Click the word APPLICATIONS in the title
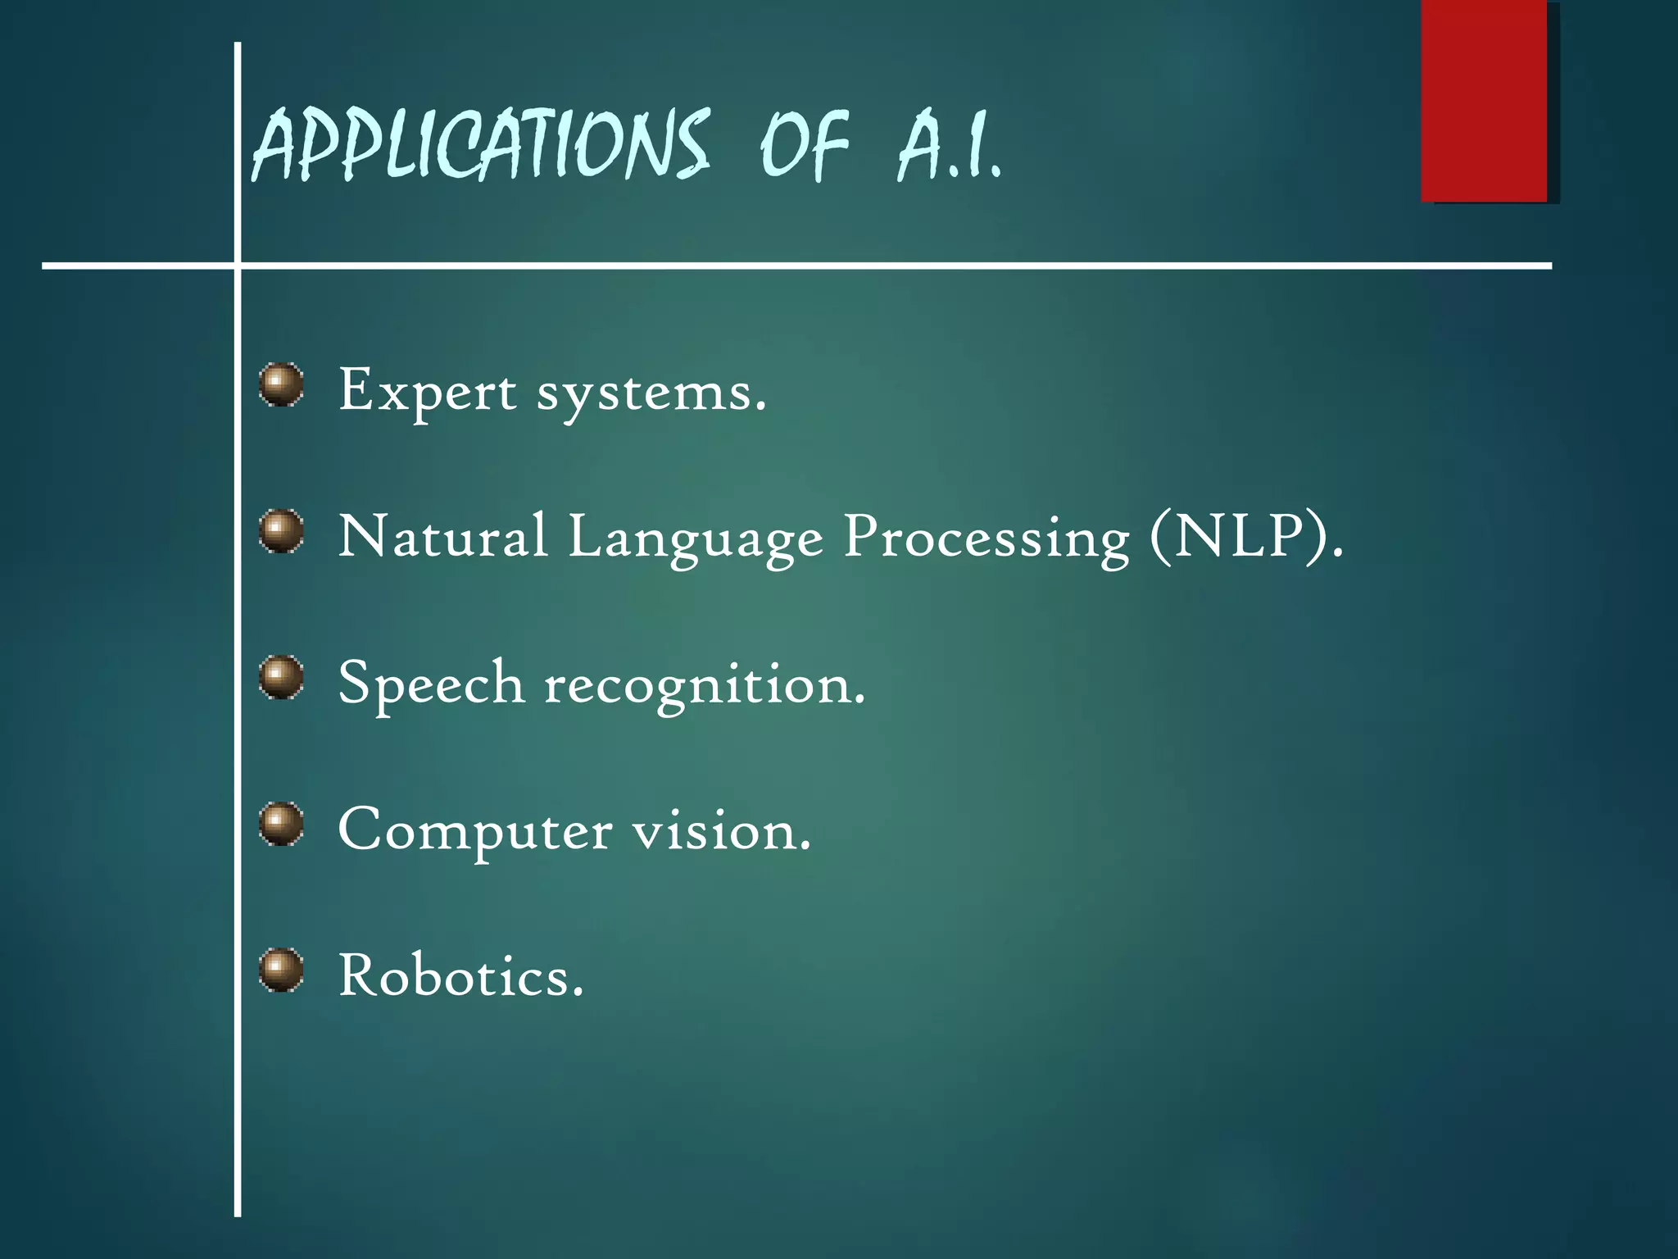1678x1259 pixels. pyautogui.click(x=480, y=146)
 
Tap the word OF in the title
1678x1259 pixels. pyautogui.click(x=804, y=146)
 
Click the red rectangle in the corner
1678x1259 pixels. pyautogui.click(x=1484, y=102)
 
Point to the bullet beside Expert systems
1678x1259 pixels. pyautogui.click(x=281, y=385)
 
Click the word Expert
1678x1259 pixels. pyautogui.click(x=428, y=392)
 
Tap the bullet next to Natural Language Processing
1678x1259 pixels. pyautogui.click(x=281, y=531)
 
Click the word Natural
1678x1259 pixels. pyautogui.click(x=442, y=537)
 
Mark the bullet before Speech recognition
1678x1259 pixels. pyautogui.click(x=281, y=678)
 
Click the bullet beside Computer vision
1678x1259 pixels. pyautogui.click(x=281, y=824)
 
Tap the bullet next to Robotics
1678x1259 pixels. pyautogui.click(x=281, y=970)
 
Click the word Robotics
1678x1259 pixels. pyautogui.click(x=460, y=976)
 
